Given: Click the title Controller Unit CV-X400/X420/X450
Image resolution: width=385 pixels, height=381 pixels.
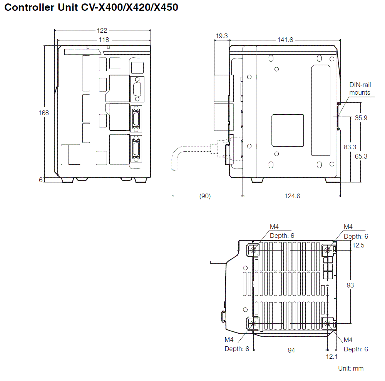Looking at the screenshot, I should (x=91, y=8).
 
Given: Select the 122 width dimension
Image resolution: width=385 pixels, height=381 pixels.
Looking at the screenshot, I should (x=102, y=30).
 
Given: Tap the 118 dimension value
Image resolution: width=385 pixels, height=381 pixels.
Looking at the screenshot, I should (x=104, y=40).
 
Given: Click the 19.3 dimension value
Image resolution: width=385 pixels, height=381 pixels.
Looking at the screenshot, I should (x=221, y=36).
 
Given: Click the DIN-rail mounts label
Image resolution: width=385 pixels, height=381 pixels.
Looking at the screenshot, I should (x=360, y=89).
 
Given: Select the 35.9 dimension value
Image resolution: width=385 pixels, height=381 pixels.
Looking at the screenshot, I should (x=361, y=118).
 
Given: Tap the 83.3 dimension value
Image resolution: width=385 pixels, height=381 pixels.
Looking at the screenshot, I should (x=350, y=147).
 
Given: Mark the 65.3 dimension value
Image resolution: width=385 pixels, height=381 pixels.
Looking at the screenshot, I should (x=361, y=156).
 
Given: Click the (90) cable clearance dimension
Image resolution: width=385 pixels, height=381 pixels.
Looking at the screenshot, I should (x=205, y=196).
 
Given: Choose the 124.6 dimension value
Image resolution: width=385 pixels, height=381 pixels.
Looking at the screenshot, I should (x=292, y=196).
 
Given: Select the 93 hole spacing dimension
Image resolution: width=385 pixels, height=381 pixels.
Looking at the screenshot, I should (x=350, y=285).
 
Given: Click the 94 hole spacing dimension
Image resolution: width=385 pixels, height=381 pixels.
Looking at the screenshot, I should (x=291, y=350).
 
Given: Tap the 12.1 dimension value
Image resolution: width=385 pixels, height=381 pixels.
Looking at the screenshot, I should (x=332, y=357).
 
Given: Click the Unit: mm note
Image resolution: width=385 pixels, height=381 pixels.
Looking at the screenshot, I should (x=350, y=368).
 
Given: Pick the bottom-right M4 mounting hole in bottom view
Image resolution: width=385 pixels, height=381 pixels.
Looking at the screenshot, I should (x=327, y=324).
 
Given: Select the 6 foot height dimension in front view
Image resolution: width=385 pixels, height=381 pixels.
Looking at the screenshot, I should (x=41, y=179).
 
